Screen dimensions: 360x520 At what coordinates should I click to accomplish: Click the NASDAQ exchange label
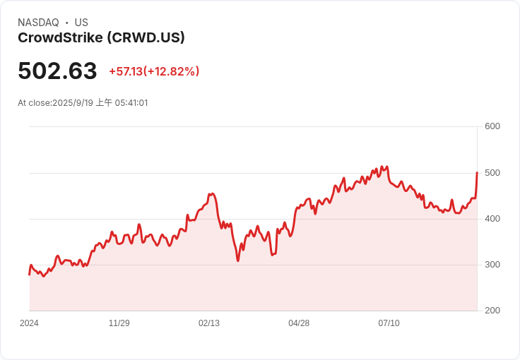pyautogui.click(x=38, y=23)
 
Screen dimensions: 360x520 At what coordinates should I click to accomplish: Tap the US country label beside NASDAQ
pyautogui.click(x=81, y=23)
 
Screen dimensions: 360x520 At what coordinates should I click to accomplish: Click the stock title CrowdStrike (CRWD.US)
pyautogui.click(x=101, y=37)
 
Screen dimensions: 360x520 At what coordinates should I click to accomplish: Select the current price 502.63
pyautogui.click(x=57, y=71)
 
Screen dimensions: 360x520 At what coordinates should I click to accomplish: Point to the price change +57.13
pyautogui.click(x=126, y=71)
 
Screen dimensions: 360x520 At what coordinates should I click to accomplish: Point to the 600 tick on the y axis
pyautogui.click(x=492, y=126)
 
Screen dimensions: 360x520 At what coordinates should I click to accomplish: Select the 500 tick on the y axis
pyautogui.click(x=492, y=173)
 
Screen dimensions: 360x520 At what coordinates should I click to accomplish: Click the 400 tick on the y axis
pyautogui.click(x=492, y=219)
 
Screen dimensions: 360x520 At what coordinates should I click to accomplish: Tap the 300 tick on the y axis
pyautogui.click(x=492, y=265)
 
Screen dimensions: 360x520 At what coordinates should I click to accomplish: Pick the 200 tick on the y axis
pyautogui.click(x=492, y=311)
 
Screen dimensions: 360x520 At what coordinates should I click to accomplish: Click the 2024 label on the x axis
pyautogui.click(x=29, y=323)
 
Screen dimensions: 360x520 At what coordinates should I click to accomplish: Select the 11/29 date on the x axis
pyautogui.click(x=119, y=323)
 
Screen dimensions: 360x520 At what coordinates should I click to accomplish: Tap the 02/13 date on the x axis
pyautogui.click(x=209, y=323)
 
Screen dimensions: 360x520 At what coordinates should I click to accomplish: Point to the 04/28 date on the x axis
pyautogui.click(x=299, y=323)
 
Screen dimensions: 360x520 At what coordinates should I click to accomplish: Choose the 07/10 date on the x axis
pyautogui.click(x=389, y=323)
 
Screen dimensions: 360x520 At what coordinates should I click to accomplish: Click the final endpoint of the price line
pyautogui.click(x=478, y=172)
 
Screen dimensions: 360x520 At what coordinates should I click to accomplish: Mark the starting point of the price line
pyautogui.click(x=29, y=274)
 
